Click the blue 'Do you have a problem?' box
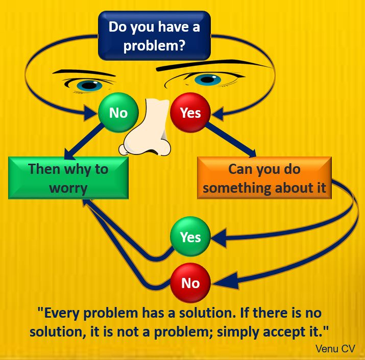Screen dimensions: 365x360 click(x=154, y=36)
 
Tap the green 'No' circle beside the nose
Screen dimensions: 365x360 click(x=118, y=113)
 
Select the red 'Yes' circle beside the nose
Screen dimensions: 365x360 click(x=190, y=113)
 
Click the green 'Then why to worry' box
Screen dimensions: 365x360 click(x=68, y=178)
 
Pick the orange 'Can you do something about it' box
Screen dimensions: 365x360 click(x=264, y=178)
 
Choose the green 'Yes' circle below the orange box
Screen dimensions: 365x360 click(x=190, y=237)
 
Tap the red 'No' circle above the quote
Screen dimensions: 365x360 click(x=190, y=283)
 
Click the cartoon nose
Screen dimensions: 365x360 click(x=145, y=127)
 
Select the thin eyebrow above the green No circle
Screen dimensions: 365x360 click(x=84, y=72)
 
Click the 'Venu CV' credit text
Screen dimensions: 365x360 click(x=335, y=349)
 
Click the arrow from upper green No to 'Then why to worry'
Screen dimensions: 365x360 click(x=84, y=141)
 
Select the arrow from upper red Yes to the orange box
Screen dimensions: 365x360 click(x=231, y=140)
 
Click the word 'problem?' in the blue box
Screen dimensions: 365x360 click(x=154, y=45)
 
